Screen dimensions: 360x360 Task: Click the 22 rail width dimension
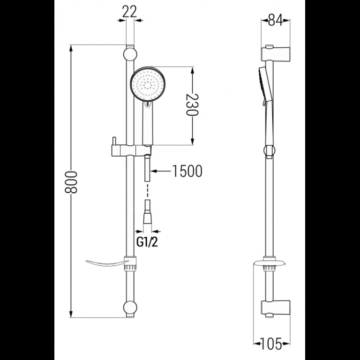click(x=129, y=11)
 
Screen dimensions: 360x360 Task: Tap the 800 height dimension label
click(x=71, y=182)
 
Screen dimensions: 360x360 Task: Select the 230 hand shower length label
click(x=192, y=105)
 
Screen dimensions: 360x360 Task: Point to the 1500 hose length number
click(x=187, y=171)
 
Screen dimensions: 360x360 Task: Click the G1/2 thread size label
click(x=147, y=242)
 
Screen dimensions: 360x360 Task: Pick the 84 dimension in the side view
click(x=276, y=20)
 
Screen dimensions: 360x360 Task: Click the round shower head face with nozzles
click(x=147, y=84)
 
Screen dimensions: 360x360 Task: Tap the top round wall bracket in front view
click(x=130, y=54)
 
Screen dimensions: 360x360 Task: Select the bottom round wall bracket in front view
click(x=130, y=307)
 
